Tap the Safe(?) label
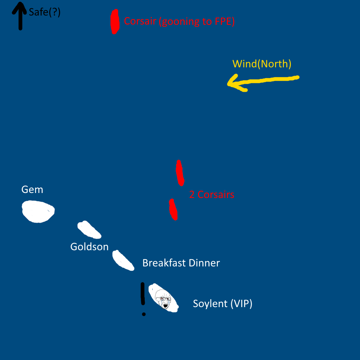pyautogui.click(x=45, y=13)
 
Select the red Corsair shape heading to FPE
pyautogui.click(x=114, y=22)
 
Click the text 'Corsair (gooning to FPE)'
pyautogui.click(x=179, y=22)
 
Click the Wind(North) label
pyautogui.click(x=262, y=64)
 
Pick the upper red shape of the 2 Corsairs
pyautogui.click(x=180, y=172)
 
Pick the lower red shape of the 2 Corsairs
pyautogui.click(x=173, y=210)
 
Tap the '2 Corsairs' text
pyautogui.click(x=212, y=195)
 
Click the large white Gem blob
pyautogui.click(x=37, y=211)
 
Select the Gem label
pyautogui.click(x=32, y=189)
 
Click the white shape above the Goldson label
pyautogui.click(x=89, y=230)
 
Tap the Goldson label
pyautogui.click(x=89, y=247)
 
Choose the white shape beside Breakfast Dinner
pyautogui.click(x=123, y=260)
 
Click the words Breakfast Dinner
pyautogui.click(x=181, y=263)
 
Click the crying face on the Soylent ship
pyautogui.click(x=163, y=299)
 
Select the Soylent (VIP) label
pyautogui.click(x=222, y=303)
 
